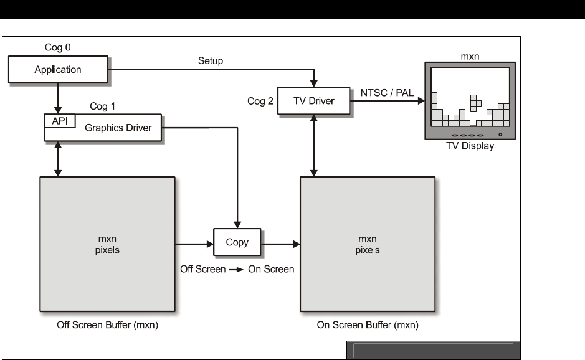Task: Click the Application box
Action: pyautogui.click(x=57, y=69)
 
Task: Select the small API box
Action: pyautogui.click(x=59, y=121)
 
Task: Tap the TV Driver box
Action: pyautogui.click(x=314, y=102)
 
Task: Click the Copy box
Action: pyautogui.click(x=237, y=243)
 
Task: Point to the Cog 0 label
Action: pyautogui.click(x=58, y=47)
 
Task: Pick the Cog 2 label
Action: pyautogui.click(x=260, y=102)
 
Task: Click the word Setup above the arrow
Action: pyautogui.click(x=211, y=60)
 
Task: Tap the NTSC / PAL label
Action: pyautogui.click(x=387, y=93)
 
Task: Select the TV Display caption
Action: pyautogui.click(x=470, y=146)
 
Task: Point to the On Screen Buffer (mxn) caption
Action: pyautogui.click(x=367, y=326)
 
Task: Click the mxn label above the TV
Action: pyautogui.click(x=470, y=56)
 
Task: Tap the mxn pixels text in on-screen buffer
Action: pyautogui.click(x=368, y=245)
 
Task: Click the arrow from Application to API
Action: pyautogui.click(x=58, y=97)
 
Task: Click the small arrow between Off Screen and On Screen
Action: pyautogui.click(x=236, y=270)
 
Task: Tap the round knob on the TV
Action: pyautogui.click(x=500, y=135)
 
